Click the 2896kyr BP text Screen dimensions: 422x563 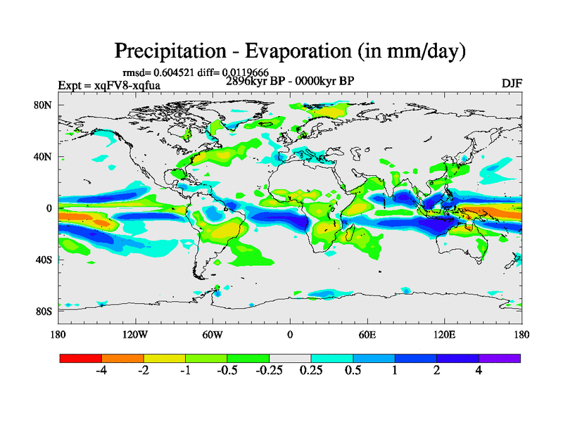(257, 81)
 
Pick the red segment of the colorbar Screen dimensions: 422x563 (81, 358)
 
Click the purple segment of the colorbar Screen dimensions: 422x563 (500, 358)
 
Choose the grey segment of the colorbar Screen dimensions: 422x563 (290, 358)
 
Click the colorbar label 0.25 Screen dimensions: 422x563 (310, 371)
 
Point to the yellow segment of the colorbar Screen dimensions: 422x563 (165, 358)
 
